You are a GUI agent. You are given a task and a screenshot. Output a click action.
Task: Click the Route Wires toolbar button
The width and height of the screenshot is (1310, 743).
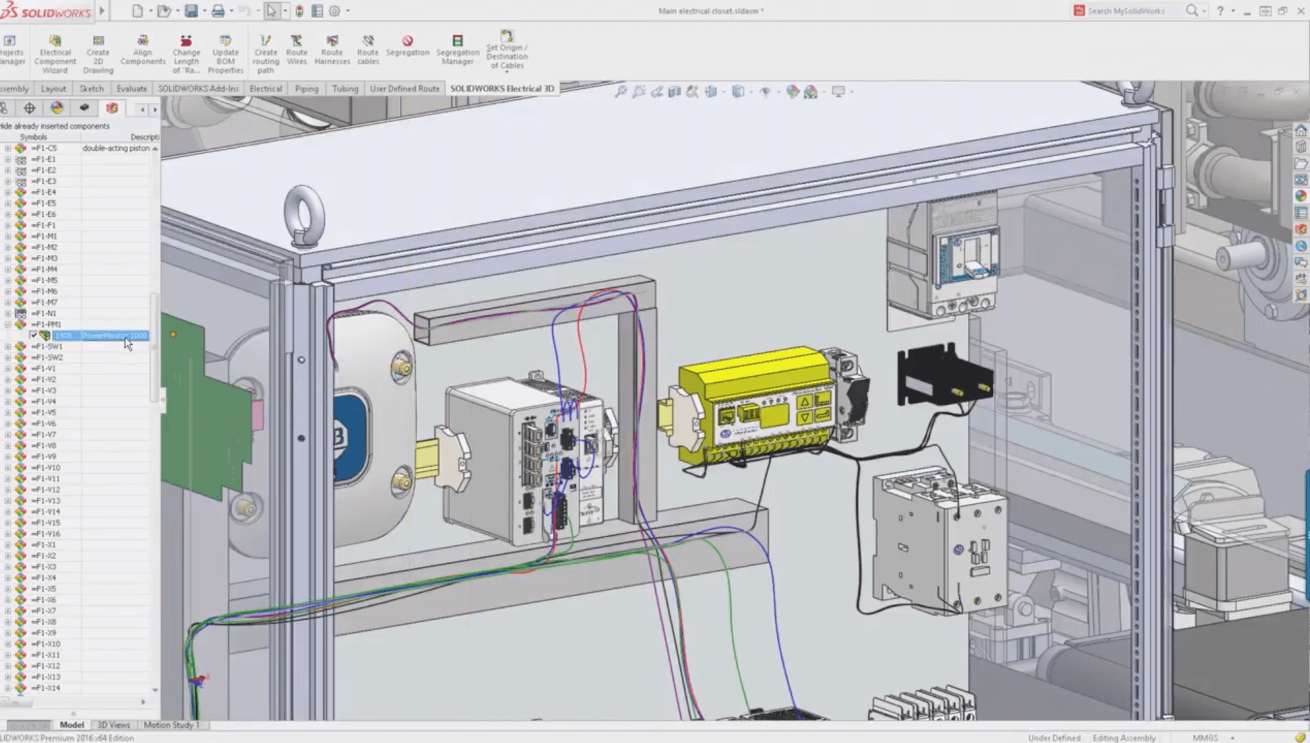[297, 50]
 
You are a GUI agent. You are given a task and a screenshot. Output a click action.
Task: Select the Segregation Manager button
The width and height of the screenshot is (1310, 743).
[457, 50]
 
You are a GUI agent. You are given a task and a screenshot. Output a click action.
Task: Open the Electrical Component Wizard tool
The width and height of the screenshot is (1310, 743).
[55, 54]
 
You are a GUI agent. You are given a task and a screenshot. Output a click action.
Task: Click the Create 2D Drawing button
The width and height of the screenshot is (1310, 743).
[98, 54]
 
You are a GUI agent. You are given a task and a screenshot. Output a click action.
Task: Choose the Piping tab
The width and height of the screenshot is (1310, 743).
[306, 88]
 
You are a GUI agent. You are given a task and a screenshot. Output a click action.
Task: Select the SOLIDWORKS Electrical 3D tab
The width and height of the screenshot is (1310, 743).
[502, 88]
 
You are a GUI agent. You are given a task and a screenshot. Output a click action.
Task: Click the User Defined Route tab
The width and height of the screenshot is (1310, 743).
[404, 88]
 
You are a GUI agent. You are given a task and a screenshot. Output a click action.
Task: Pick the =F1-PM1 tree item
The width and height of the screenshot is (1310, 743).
[46, 324]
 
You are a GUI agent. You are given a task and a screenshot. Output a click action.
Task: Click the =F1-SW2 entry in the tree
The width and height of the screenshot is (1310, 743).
[47, 357]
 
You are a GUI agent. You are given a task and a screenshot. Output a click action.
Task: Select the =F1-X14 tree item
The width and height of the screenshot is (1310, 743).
[46, 688]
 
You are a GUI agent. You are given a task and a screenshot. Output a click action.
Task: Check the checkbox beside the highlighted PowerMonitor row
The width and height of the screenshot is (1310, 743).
[33, 335]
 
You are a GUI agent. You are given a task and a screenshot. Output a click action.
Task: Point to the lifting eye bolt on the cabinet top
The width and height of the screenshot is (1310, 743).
[304, 214]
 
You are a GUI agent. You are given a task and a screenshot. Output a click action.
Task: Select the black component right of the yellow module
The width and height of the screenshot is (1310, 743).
[943, 375]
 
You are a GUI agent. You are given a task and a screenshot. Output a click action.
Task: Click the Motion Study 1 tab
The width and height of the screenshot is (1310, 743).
[171, 724]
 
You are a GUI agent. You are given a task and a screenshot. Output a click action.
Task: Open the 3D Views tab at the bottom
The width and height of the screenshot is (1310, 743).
[114, 724]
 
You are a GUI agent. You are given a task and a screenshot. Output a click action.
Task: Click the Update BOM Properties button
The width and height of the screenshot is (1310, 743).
[225, 54]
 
